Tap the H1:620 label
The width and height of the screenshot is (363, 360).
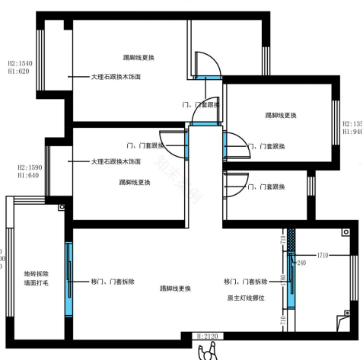point(18,72)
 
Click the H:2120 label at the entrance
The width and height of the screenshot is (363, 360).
point(208,336)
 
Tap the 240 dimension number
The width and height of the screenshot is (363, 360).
point(302,263)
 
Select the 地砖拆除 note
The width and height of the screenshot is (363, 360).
point(36,274)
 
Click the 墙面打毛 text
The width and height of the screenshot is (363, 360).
point(36,285)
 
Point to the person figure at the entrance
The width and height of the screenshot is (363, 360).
point(208,352)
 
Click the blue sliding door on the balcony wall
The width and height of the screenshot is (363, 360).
point(68,274)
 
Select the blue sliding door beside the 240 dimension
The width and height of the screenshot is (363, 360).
point(291,278)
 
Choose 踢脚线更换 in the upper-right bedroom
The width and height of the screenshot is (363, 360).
point(281,115)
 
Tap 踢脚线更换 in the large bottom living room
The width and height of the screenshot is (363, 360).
point(175,288)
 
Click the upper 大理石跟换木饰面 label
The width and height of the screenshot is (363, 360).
point(116,77)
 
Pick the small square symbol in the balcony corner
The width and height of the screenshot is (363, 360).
point(62,206)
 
